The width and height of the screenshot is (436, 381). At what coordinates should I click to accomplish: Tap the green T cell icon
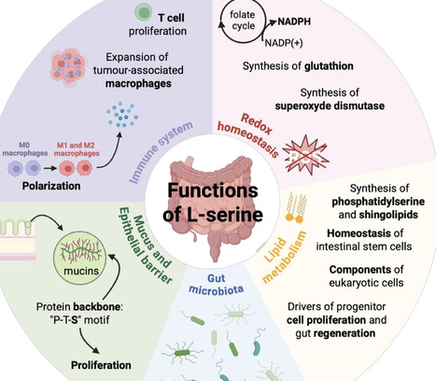click(144, 12)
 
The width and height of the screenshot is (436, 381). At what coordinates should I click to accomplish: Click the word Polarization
click(43, 187)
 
